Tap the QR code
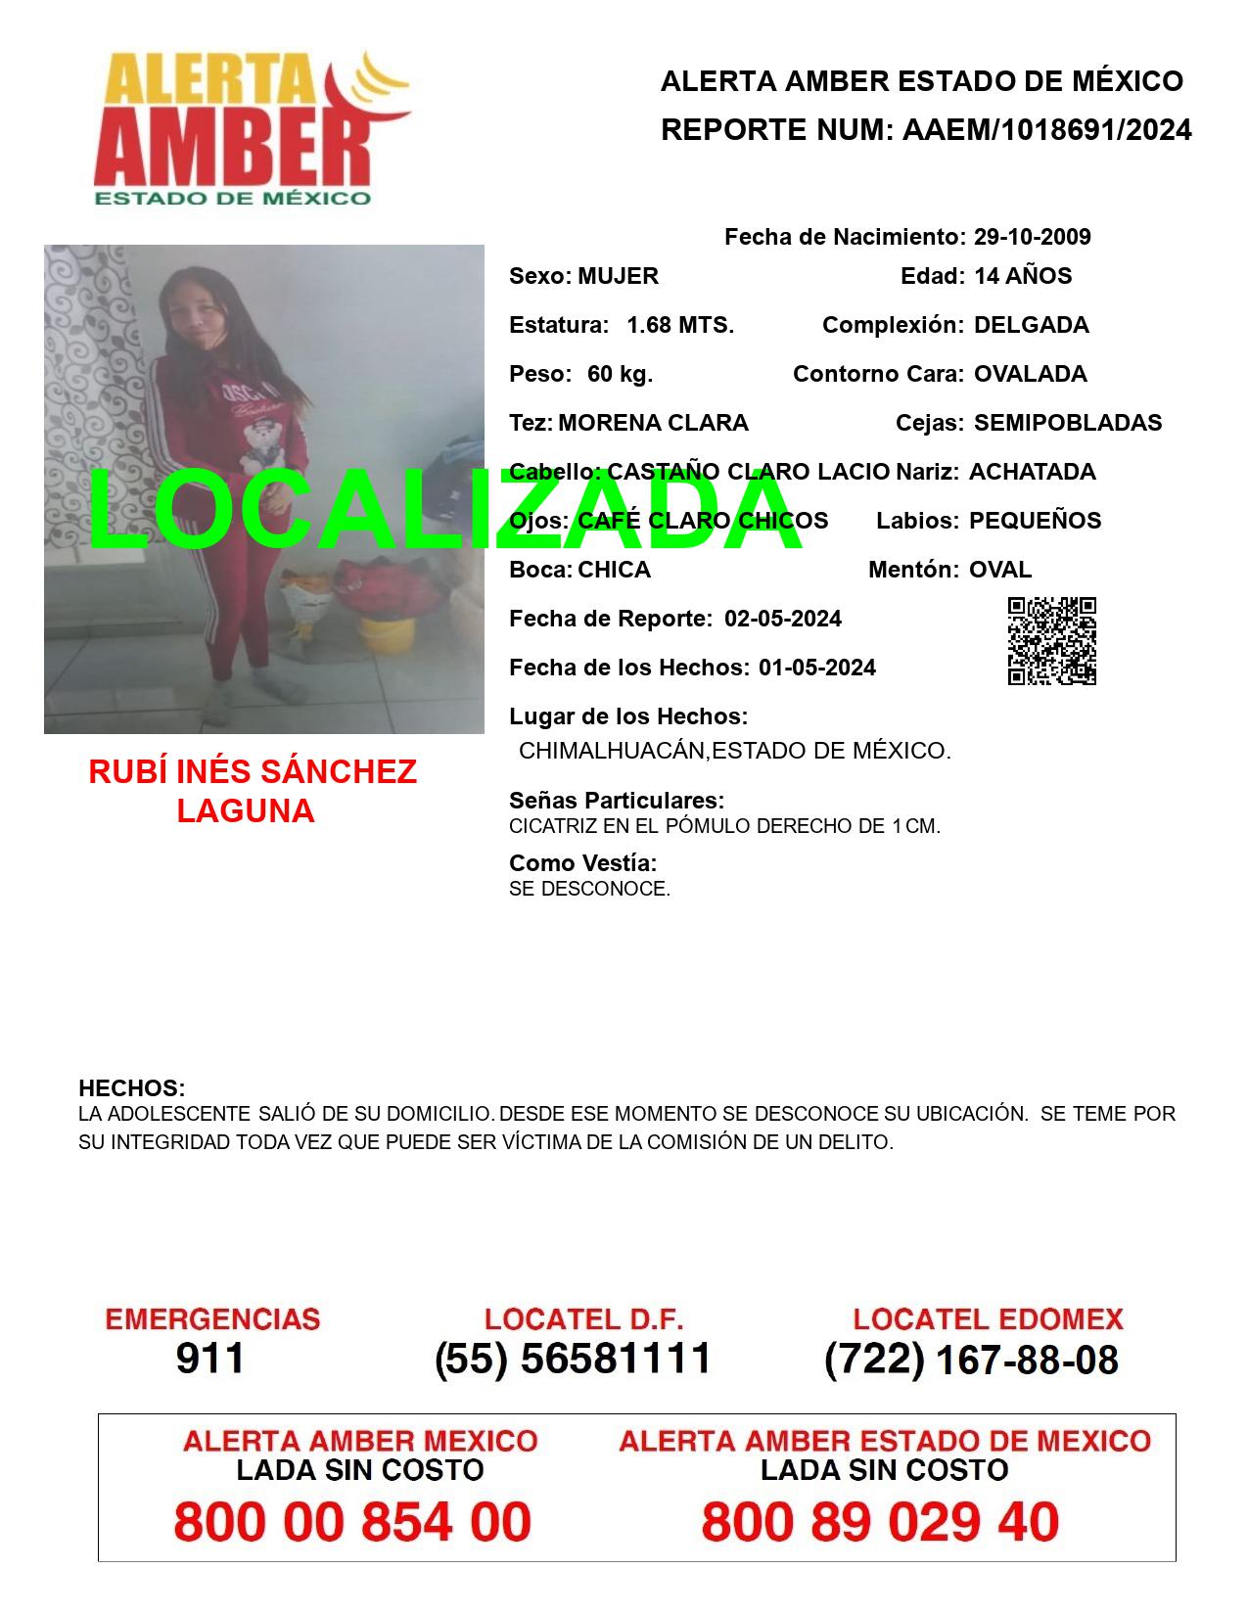1052,641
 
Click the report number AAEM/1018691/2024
1046,130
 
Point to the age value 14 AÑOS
1023,276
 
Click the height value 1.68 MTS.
680,325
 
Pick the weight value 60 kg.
620,374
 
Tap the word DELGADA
1031,325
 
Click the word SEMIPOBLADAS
1068,423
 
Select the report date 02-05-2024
783,619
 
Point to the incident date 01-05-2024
817,668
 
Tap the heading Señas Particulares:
617,801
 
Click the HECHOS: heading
131,1088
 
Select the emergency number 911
210,1359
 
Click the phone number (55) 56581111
573,1359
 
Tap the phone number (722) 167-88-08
971,1359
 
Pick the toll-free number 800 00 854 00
352,1522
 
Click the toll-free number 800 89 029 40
880,1522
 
